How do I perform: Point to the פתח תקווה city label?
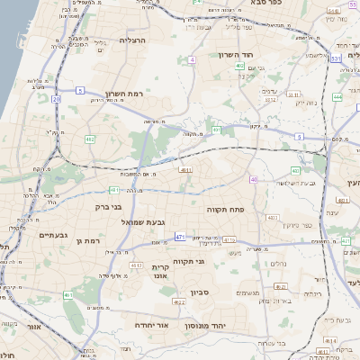point(262,209)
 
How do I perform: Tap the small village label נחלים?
point(281,265)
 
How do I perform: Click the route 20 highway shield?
point(55,99)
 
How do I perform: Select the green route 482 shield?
point(89,139)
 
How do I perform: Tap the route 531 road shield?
point(334,59)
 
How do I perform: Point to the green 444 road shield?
point(337,96)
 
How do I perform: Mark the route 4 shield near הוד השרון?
point(192,59)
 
